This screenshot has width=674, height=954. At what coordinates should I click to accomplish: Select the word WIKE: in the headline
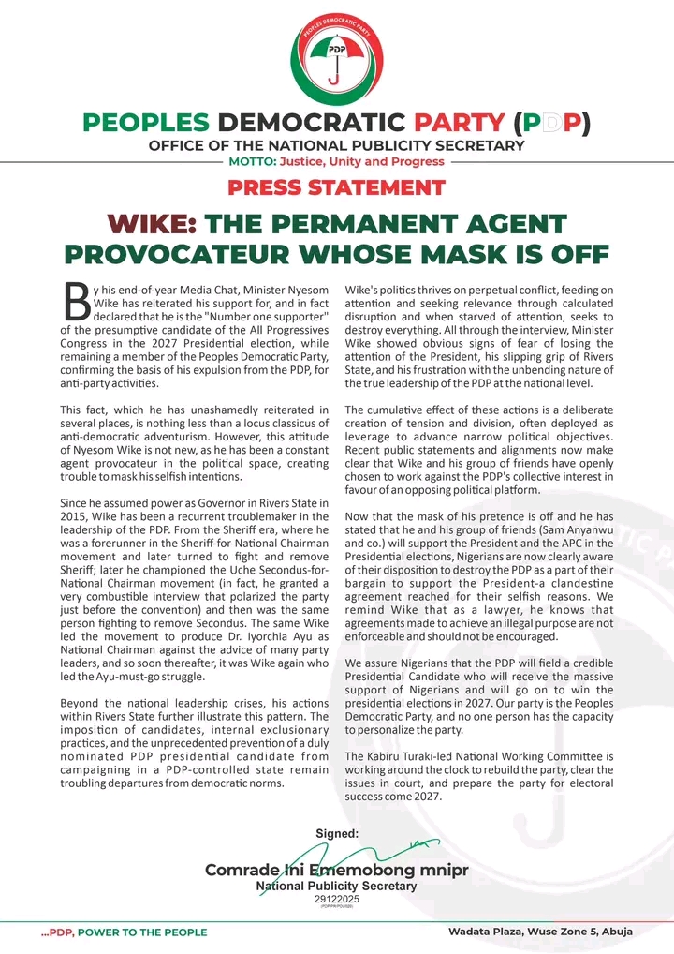click(152, 224)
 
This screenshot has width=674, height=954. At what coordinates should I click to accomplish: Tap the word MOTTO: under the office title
click(251, 161)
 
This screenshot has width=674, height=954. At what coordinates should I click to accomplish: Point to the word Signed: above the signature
click(337, 832)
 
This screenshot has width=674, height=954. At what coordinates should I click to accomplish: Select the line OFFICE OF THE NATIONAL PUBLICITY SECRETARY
click(336, 145)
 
